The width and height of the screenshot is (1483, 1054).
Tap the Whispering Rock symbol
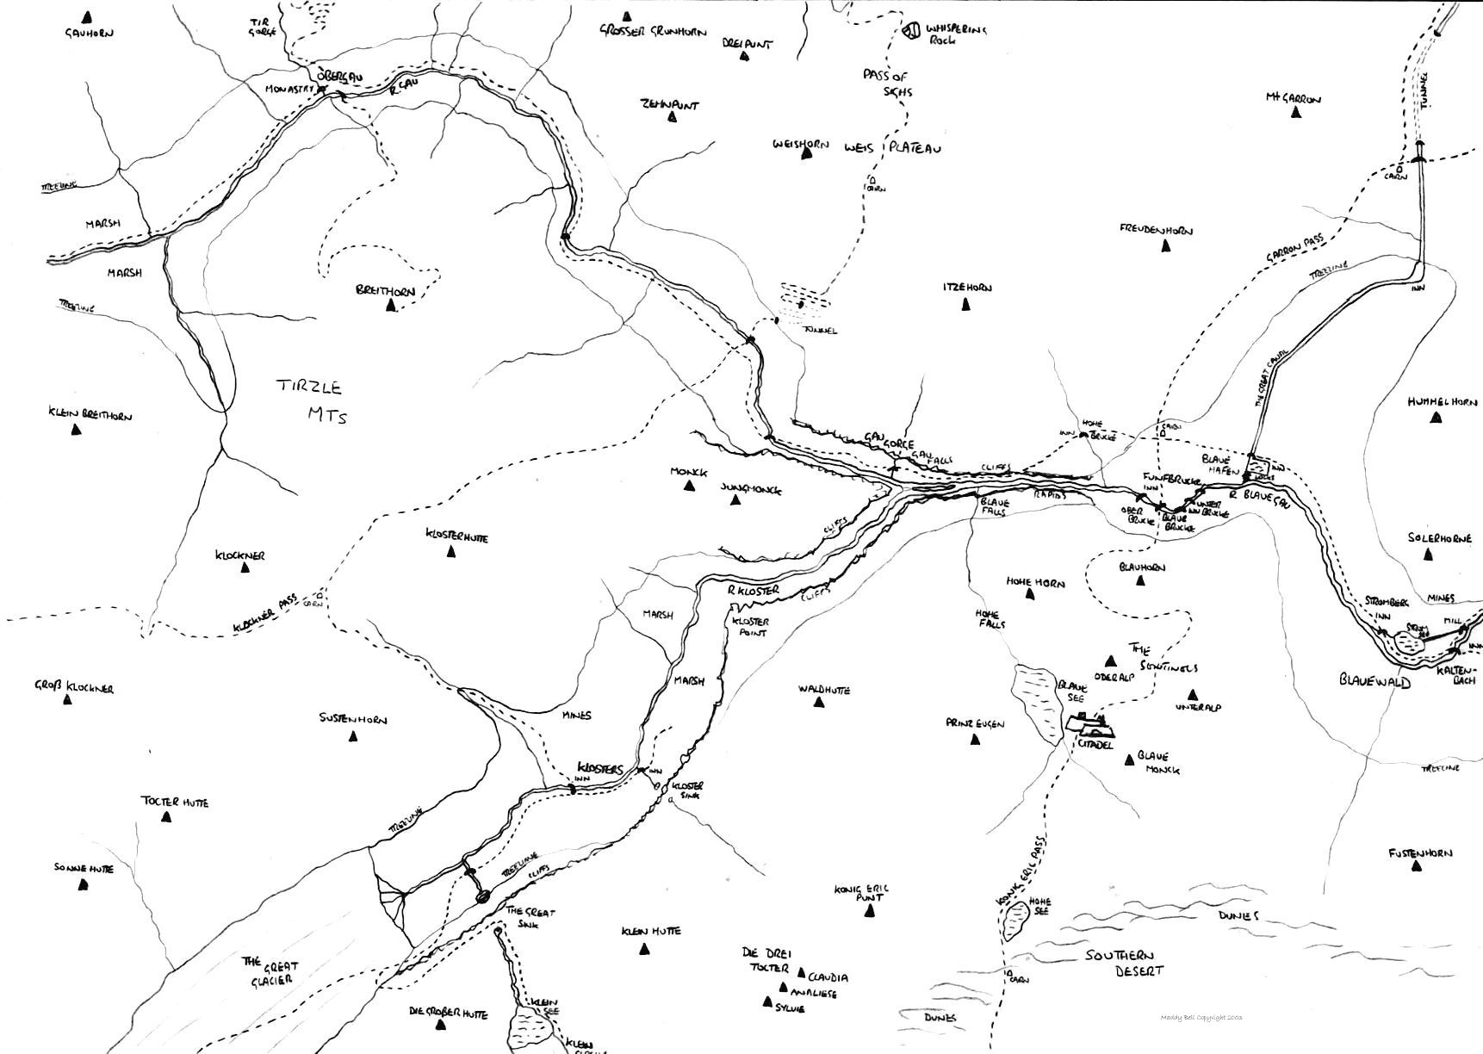pos(913,32)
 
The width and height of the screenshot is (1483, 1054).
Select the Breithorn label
pos(385,291)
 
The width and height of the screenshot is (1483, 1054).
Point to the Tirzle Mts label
pos(312,400)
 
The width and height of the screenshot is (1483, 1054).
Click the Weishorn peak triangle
pos(807,154)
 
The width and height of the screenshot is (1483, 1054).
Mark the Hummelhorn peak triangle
pos(1435,418)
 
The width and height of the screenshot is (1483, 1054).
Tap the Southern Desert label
pos(1126,963)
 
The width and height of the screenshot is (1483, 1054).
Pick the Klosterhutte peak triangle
pos(450,552)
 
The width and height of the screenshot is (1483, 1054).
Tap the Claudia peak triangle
pos(802,973)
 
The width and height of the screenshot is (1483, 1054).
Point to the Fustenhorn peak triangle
pos(1413,868)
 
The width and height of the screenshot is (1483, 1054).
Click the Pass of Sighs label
pos(887,84)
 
